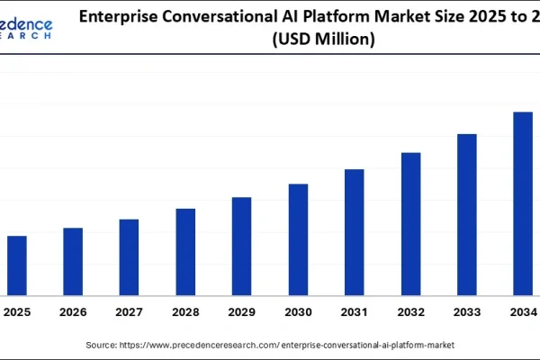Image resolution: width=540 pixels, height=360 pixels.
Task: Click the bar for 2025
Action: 16,265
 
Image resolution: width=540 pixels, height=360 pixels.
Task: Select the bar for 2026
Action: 73,261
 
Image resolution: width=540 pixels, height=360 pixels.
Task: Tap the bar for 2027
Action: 129,256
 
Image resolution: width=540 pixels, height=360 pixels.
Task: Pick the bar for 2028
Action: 185,251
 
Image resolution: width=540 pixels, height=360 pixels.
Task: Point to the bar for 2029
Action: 241,246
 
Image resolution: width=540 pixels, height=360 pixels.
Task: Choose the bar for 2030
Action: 298,239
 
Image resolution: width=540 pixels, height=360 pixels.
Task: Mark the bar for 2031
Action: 354,231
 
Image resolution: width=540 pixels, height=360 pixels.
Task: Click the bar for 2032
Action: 410,223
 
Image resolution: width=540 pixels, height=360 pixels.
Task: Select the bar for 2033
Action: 466,214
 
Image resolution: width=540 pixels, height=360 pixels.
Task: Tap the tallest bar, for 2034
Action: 523,203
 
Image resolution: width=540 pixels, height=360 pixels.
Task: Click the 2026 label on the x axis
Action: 73,312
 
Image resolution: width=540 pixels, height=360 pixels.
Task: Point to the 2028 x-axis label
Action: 185,312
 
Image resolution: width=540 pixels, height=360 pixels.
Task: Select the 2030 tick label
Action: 298,312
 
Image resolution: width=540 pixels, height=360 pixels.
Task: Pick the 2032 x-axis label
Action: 410,312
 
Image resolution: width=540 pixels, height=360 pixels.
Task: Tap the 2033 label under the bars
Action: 466,312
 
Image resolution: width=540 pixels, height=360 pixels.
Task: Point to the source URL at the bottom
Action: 288,345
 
